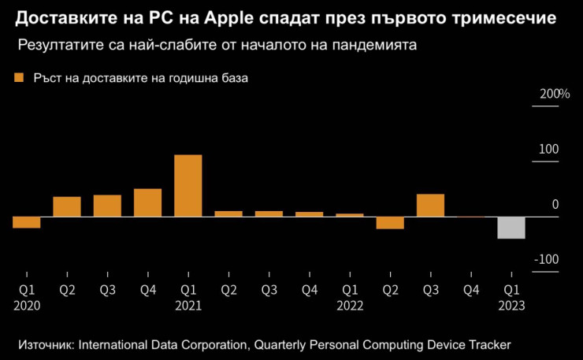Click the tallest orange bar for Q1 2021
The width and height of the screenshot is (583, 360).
pyautogui.click(x=188, y=185)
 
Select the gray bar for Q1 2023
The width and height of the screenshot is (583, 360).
pyautogui.click(x=511, y=227)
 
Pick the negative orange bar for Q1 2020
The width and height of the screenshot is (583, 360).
pyautogui.click(x=26, y=222)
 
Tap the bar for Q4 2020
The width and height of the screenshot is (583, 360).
pyautogui.click(x=147, y=202)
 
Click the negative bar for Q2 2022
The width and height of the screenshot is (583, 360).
pyautogui.click(x=389, y=222)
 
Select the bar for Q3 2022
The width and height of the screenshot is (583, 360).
pyautogui.click(x=430, y=205)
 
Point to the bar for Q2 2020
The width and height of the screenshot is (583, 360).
pyautogui.click(x=67, y=206)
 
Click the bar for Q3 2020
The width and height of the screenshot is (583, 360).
pyautogui.click(x=107, y=206)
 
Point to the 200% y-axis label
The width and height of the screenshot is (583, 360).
pyautogui.click(x=554, y=95)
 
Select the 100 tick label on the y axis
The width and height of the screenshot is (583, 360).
pyautogui.click(x=548, y=150)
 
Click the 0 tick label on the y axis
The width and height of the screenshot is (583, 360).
pyautogui.click(x=555, y=205)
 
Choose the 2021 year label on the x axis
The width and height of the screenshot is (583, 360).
pyautogui.click(x=188, y=306)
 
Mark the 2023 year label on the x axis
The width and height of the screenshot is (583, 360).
pyautogui.click(x=511, y=306)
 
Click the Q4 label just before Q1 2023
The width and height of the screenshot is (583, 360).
pyautogui.click(x=470, y=290)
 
